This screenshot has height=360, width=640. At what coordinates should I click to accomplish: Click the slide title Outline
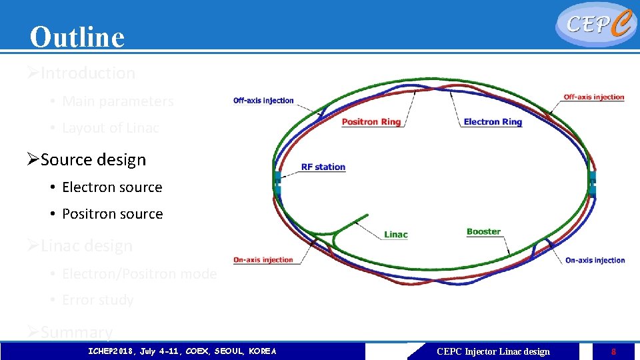point(77,37)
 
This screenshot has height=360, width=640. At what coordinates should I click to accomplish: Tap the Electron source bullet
point(112,187)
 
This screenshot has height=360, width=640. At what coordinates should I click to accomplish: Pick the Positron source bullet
point(112,214)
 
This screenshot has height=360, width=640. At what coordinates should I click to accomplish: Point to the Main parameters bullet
point(117,101)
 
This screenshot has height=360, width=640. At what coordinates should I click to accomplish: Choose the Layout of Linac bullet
point(110,128)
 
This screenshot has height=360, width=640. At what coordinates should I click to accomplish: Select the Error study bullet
point(97,300)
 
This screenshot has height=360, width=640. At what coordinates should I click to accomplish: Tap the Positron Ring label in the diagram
point(371,122)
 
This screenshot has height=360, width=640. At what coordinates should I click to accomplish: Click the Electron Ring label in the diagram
point(493,122)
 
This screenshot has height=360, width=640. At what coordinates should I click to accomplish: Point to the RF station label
point(323,167)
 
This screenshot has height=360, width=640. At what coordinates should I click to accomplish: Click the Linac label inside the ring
point(395,235)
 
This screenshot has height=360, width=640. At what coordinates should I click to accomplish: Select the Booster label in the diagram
point(483,232)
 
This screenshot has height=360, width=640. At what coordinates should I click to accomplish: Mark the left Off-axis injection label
point(263,101)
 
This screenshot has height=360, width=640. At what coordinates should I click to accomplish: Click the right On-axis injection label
point(595,260)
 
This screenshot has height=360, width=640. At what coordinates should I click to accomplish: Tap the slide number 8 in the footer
point(613,351)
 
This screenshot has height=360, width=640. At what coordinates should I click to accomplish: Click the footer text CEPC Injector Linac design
point(493,351)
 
